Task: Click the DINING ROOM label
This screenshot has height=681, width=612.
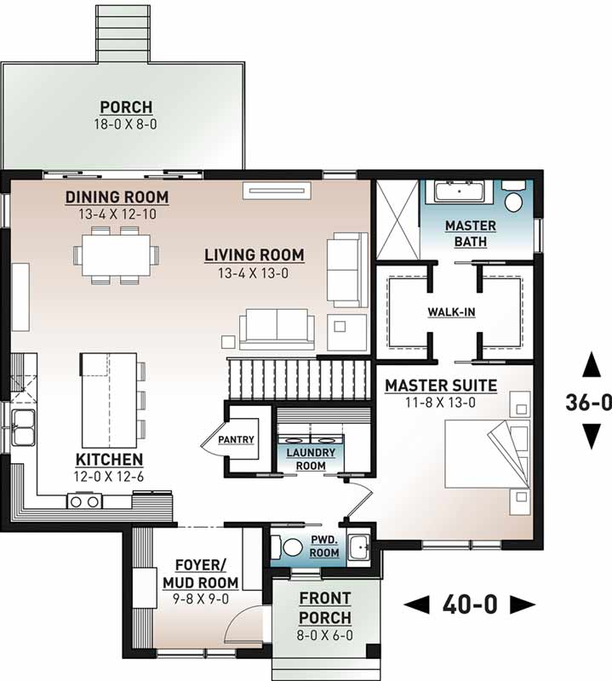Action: (117, 197)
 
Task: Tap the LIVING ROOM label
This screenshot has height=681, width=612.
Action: (254, 255)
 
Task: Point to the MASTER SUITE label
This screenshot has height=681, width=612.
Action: (441, 386)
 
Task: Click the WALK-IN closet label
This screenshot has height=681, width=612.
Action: (451, 312)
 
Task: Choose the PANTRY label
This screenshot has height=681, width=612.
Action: (236, 439)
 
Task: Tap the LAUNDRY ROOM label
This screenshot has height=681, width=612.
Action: (310, 459)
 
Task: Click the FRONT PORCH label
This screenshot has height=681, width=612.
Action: (324, 608)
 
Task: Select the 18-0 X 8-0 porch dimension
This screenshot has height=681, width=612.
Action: (126, 123)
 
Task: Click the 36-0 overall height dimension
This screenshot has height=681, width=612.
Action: (588, 402)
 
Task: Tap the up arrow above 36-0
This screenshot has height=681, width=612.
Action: (588, 366)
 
